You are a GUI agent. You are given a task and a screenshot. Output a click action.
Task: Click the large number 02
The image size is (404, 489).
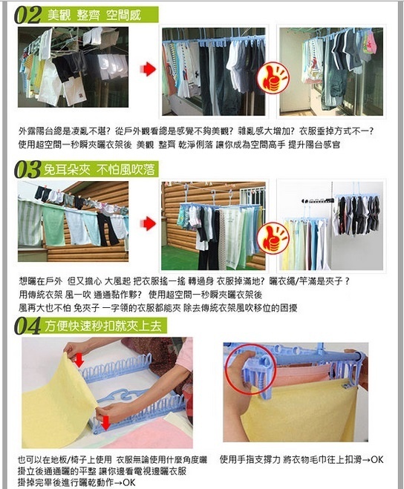(x=27, y=16)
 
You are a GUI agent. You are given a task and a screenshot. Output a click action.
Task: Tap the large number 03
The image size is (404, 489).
(x=27, y=169)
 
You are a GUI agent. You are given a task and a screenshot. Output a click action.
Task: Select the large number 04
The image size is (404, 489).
(x=27, y=326)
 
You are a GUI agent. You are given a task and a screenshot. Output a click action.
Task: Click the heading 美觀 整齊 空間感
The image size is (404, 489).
(x=94, y=15)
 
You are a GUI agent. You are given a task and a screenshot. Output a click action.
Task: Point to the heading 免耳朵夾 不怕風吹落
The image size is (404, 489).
(x=99, y=169)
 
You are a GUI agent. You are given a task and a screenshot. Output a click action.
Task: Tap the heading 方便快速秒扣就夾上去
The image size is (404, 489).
(x=103, y=326)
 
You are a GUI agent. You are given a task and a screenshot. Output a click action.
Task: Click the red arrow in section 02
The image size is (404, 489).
(x=148, y=69)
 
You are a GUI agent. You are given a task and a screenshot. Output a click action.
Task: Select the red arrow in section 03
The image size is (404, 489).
(x=148, y=223)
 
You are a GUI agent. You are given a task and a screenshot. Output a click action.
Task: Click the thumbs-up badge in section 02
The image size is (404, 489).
(x=273, y=77)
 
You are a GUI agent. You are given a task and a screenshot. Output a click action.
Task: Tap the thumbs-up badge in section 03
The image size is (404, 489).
(x=273, y=237)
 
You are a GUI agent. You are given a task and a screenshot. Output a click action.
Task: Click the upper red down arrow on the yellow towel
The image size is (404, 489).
(x=79, y=360)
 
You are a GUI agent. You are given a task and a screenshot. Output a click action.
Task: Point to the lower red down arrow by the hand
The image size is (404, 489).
(x=106, y=422)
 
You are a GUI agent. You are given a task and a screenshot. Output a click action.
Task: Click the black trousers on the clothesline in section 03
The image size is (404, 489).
(x=107, y=229)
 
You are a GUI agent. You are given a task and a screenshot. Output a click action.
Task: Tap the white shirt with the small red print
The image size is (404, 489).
(x=74, y=91)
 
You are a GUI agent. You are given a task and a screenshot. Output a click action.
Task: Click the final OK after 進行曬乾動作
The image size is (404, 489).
(x=129, y=482)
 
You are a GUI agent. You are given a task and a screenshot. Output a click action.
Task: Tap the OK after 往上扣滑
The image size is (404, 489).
(x=377, y=459)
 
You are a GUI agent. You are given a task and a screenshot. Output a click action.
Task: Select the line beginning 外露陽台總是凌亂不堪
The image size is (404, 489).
(x=196, y=131)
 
